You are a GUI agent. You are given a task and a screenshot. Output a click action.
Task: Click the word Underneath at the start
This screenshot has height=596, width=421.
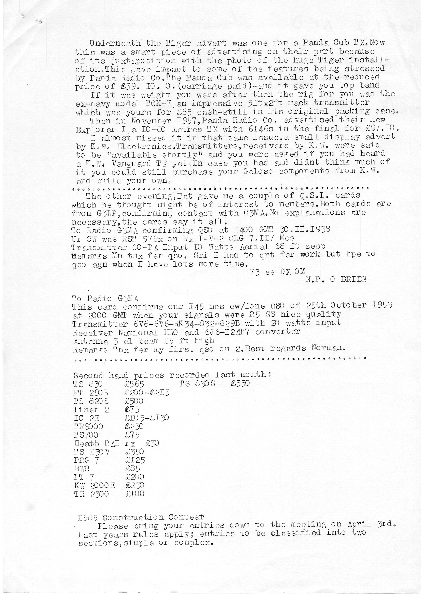[115, 43]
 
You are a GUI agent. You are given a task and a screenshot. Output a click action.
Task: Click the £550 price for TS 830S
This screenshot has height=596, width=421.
[240, 383]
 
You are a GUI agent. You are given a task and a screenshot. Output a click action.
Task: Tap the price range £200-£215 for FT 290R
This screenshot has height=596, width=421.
[147, 393]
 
